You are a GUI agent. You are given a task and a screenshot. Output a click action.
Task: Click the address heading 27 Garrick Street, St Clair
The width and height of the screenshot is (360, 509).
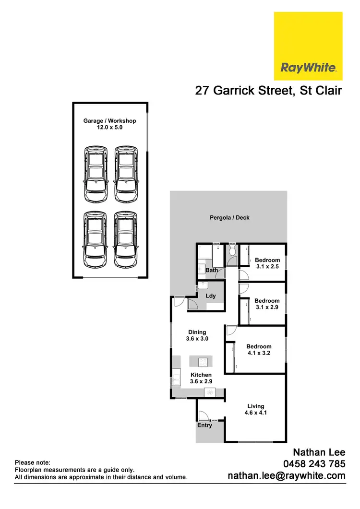pyautogui.click(x=268, y=91)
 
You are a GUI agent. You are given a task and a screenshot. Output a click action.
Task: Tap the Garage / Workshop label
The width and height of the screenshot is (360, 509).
pyautogui.click(x=109, y=121)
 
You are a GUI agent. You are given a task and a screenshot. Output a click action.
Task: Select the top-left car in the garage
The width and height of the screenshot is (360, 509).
pyautogui.click(x=96, y=174)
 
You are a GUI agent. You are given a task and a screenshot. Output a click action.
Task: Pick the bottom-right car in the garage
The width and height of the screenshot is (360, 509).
pyautogui.click(x=125, y=240)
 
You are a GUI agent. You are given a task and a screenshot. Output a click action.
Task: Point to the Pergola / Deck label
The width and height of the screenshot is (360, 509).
pyautogui.click(x=229, y=217)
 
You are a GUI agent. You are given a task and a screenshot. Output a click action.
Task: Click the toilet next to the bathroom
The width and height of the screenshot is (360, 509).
pyautogui.click(x=232, y=251)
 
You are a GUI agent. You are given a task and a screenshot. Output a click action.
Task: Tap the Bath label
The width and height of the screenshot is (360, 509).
pyautogui.click(x=212, y=270)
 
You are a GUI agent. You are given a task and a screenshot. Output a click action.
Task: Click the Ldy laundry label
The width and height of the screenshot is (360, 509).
pyautogui.click(x=210, y=296)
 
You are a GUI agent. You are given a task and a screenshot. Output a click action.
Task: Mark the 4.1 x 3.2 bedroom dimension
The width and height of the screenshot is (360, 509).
pyautogui.click(x=259, y=353)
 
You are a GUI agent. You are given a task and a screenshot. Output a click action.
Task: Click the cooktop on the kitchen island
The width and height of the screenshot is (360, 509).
pyautogui.click(x=201, y=361)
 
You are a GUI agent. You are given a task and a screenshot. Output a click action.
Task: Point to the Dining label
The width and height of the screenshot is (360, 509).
pyautogui.click(x=197, y=332)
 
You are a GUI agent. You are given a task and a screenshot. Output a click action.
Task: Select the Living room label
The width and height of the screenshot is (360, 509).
pyautogui.click(x=256, y=406)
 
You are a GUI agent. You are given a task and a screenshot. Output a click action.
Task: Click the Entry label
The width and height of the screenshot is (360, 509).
pyautogui.click(x=204, y=425)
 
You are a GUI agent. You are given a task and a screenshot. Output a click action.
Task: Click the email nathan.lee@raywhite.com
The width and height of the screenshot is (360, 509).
pyautogui.click(x=286, y=475)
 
